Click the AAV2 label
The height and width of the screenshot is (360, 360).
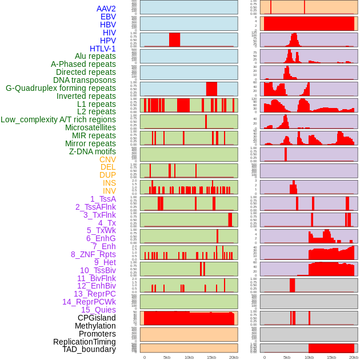point(106,9)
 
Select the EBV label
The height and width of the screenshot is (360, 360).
point(108,17)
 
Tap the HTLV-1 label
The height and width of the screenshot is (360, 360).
point(103,49)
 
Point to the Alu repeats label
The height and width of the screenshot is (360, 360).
point(95,56)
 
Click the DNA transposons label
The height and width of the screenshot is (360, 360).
point(85,80)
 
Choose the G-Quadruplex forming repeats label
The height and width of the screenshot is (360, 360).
point(61,88)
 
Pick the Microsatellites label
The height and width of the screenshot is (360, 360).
point(90,127)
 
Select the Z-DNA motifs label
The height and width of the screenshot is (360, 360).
point(93,151)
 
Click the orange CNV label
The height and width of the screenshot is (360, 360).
point(107,159)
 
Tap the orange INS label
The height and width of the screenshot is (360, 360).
point(109,183)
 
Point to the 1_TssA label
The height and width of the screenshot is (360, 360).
point(103,199)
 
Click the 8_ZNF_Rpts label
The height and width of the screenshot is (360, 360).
point(93,254)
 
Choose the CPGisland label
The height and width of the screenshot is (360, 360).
point(97,318)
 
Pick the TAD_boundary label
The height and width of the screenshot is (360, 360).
point(89,349)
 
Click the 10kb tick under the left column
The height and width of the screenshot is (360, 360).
point(189,357)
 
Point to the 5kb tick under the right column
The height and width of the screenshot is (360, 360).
point(287,357)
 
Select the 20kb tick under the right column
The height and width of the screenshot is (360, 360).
point(354,357)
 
